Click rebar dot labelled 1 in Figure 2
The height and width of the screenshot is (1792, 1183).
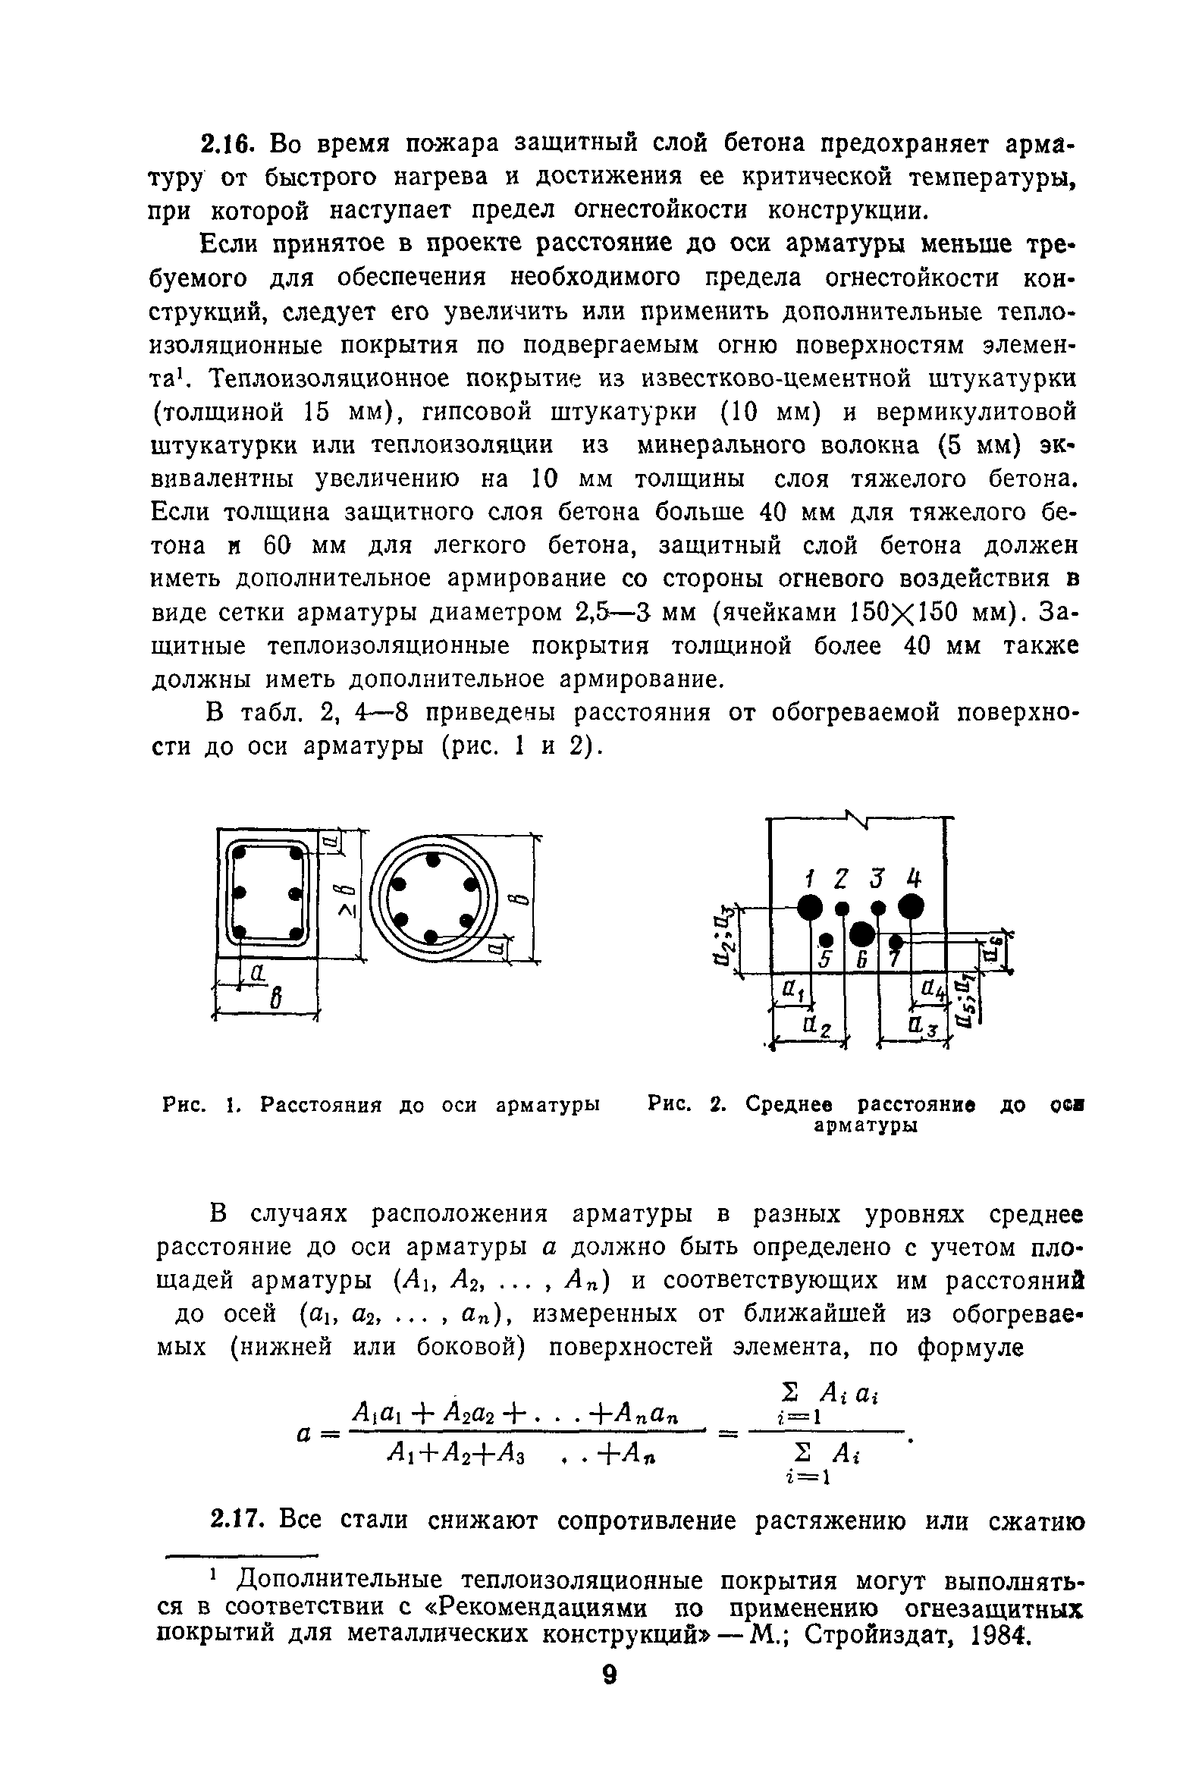[810, 905]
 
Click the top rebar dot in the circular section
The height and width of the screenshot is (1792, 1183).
[433, 861]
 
